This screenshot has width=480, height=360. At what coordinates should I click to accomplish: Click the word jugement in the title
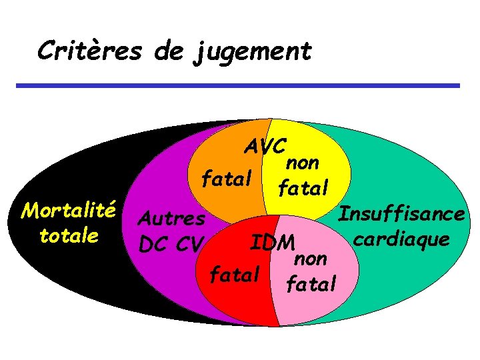point(253,51)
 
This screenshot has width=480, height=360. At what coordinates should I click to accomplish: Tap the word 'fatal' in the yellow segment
point(304,189)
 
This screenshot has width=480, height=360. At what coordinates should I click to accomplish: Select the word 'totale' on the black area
point(69,236)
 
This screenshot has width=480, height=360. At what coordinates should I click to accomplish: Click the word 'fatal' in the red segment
point(233,274)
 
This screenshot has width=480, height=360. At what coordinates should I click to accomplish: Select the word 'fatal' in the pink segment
point(311,285)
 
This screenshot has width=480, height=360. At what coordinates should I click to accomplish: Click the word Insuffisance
point(401,214)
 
